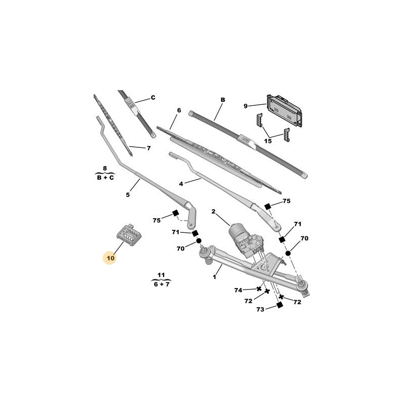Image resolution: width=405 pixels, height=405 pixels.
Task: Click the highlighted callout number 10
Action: click(x=110, y=258)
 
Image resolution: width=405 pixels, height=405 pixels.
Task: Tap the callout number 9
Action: click(x=246, y=106)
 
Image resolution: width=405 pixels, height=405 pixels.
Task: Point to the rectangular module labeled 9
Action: click(x=284, y=110)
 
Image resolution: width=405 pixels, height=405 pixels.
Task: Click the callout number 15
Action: click(x=268, y=141)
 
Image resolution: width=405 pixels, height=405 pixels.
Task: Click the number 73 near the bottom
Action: click(x=260, y=309)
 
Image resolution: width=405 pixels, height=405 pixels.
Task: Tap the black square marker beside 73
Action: click(x=279, y=305)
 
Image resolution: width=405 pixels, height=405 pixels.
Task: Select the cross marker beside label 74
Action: click(x=259, y=289)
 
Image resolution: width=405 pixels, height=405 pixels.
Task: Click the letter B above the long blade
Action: click(x=223, y=100)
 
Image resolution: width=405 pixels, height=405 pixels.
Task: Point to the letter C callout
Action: click(x=153, y=98)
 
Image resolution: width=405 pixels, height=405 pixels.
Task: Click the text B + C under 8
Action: click(x=105, y=178)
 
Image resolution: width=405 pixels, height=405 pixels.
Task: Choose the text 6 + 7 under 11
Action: click(x=161, y=285)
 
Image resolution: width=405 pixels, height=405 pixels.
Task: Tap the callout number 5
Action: click(x=128, y=195)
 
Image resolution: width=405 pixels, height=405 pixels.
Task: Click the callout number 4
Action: click(x=181, y=184)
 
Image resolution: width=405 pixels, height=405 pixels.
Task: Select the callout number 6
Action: click(x=179, y=110)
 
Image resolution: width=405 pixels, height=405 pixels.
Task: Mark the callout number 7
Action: click(x=148, y=148)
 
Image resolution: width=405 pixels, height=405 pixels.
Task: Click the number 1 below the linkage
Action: click(x=214, y=277)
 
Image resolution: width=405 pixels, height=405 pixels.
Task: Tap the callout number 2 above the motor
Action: click(x=213, y=212)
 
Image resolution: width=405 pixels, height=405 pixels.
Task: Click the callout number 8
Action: click(x=105, y=169)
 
